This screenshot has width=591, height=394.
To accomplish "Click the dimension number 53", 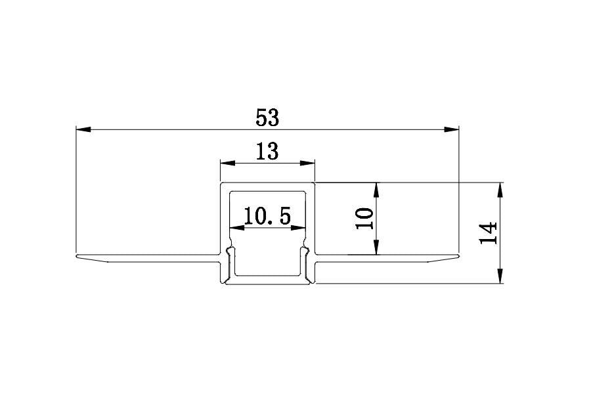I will point(267,118).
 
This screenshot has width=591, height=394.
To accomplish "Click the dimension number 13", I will point(267,152).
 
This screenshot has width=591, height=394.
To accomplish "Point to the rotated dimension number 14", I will point(489,233).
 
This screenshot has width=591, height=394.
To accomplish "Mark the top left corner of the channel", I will point(221,183).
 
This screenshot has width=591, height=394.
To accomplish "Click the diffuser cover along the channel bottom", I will point(267,281).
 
